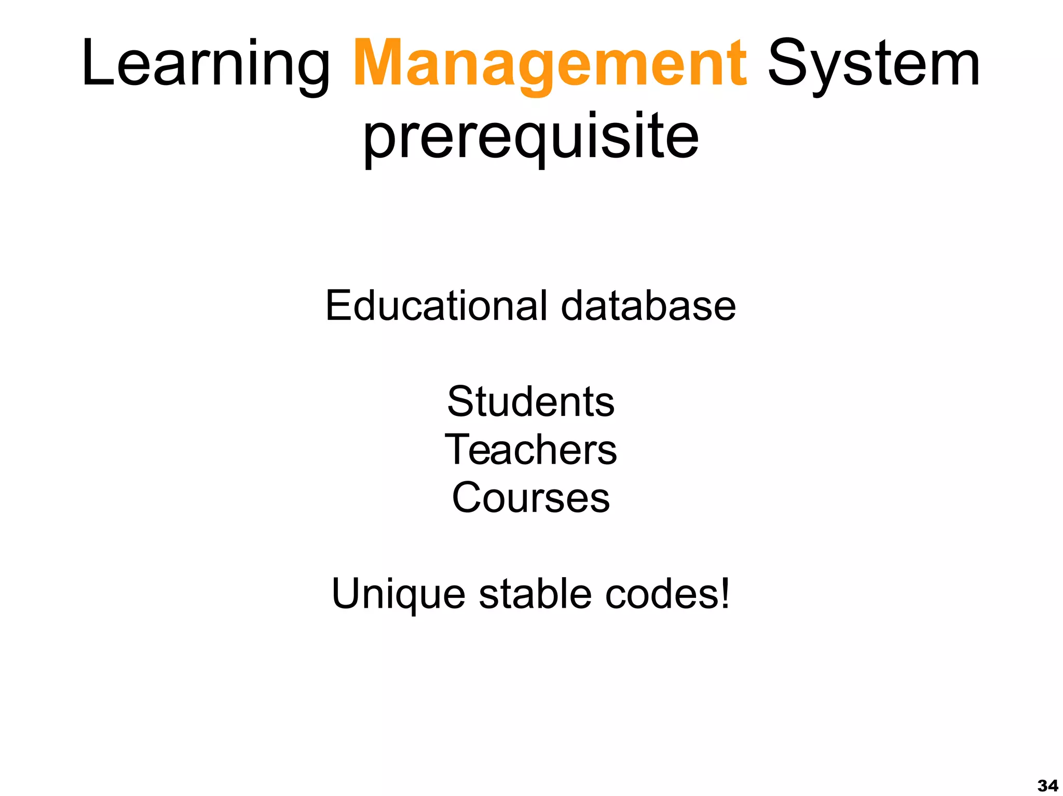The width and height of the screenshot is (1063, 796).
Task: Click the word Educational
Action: coord(436,305)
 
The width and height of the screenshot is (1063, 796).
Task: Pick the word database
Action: coord(648,305)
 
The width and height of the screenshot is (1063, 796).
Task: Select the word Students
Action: coord(531,401)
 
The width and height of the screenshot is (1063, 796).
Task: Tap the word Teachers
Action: coord(531,449)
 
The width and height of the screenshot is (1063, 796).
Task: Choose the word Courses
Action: coord(531,497)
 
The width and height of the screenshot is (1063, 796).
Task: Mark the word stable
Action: coord(535,593)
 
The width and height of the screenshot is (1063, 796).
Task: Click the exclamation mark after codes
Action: coord(725,593)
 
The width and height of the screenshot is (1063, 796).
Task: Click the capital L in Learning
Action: coord(97,63)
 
